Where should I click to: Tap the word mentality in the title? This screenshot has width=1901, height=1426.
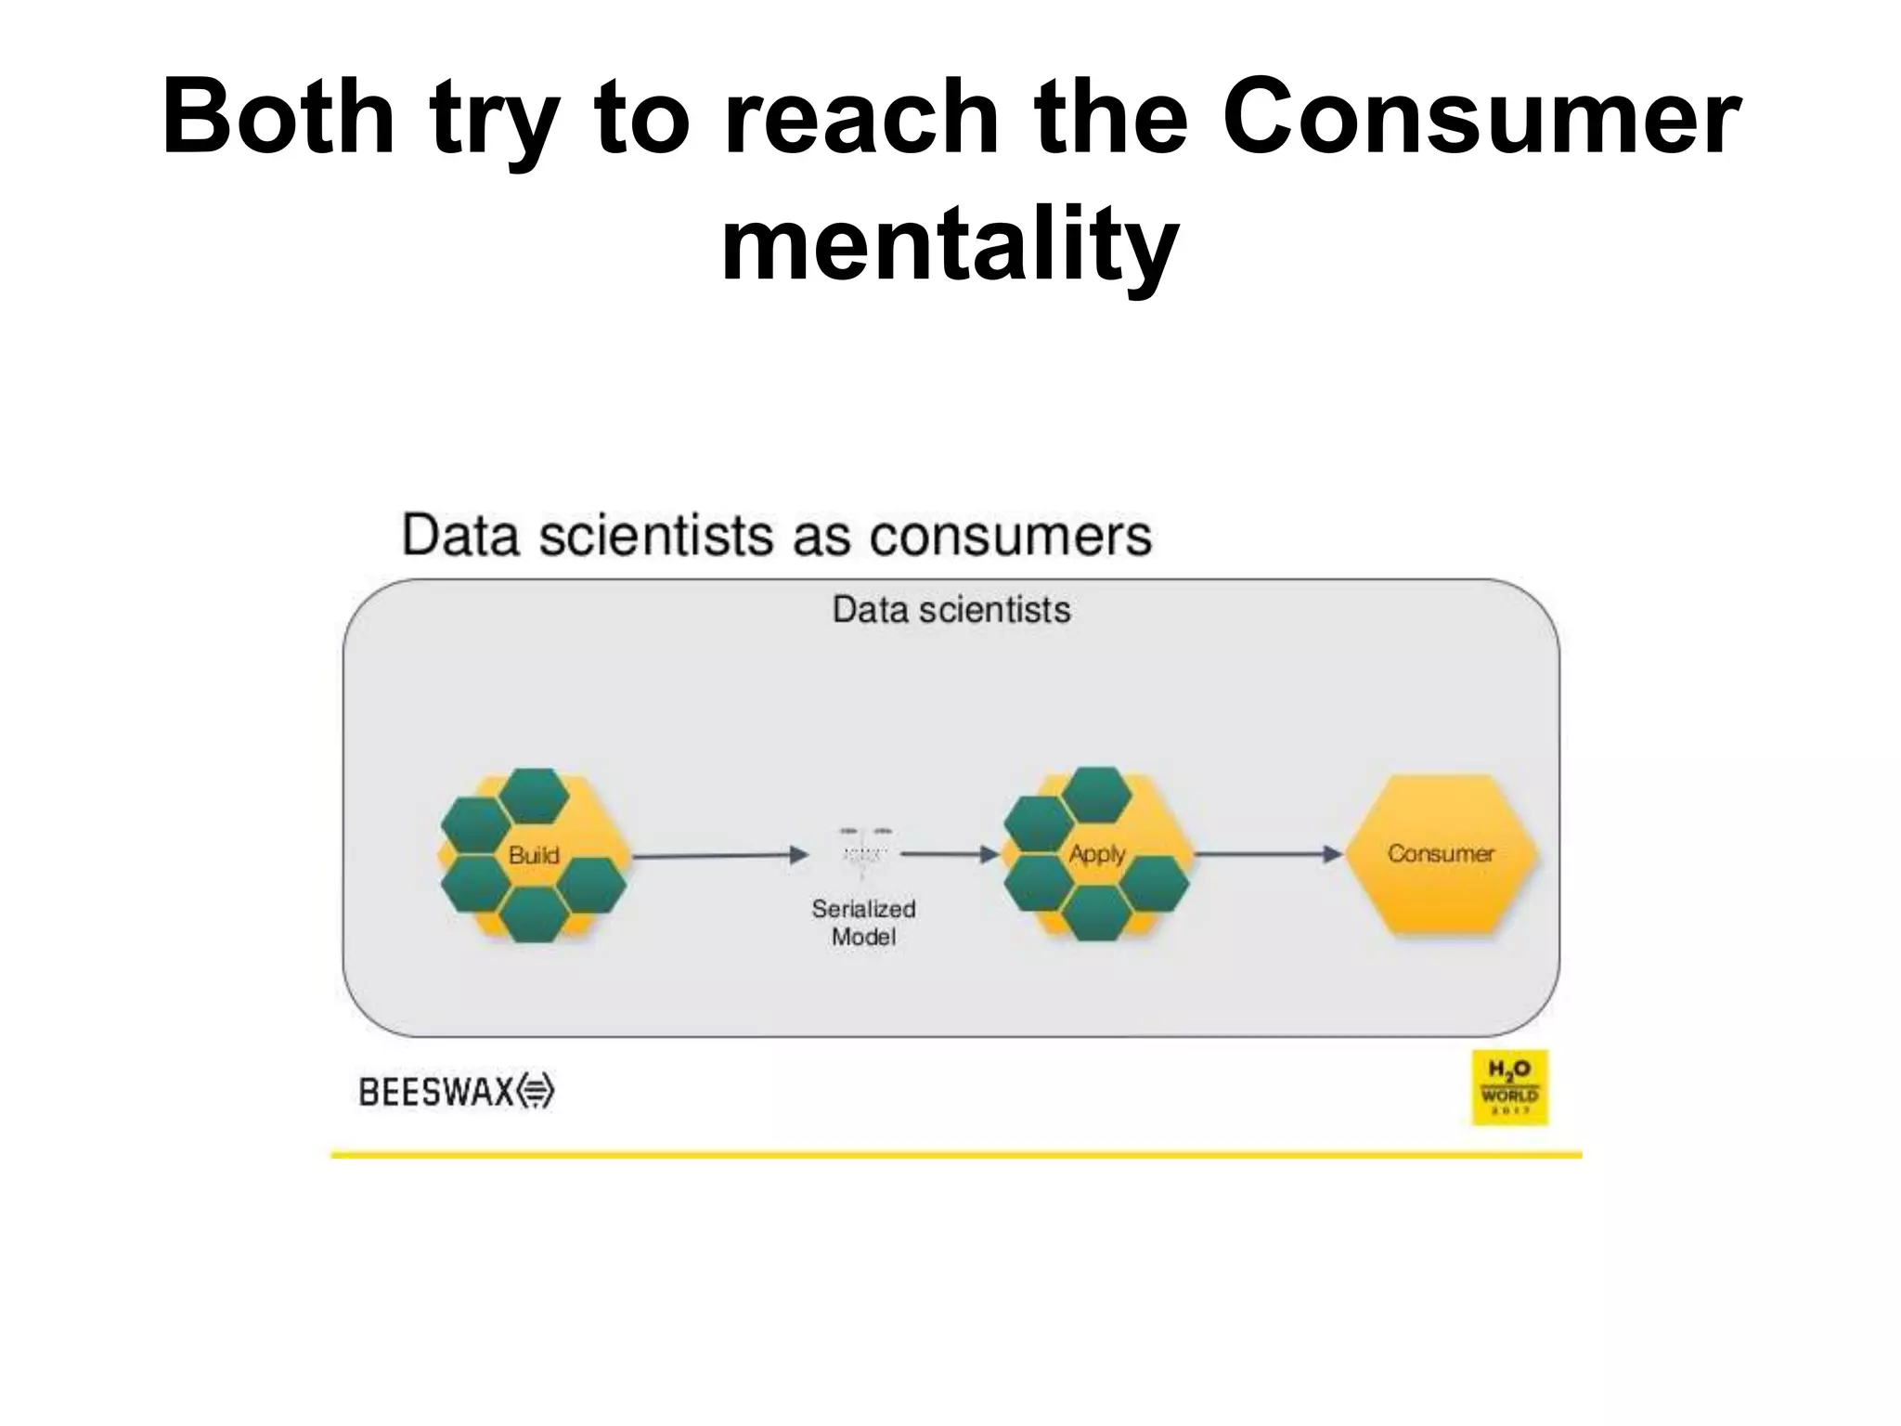950,245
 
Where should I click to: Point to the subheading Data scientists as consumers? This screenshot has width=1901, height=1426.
776,536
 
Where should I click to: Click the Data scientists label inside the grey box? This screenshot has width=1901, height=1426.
950,610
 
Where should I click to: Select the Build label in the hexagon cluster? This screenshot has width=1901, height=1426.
534,854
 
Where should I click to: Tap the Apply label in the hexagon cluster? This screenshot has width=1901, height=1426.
1096,853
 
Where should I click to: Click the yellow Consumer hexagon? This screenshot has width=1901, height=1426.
1441,854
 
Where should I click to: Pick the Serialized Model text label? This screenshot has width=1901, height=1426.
863,922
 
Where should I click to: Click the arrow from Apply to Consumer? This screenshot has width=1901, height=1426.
1267,853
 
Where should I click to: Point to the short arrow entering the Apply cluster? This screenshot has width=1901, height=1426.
949,853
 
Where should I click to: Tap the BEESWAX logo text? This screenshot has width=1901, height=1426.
436,1092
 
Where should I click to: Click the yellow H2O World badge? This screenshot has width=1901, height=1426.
1509,1087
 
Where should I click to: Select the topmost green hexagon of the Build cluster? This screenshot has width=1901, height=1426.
534,796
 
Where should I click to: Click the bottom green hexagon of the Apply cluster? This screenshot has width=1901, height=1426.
1096,913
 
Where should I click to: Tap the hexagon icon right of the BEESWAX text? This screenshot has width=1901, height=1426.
536,1091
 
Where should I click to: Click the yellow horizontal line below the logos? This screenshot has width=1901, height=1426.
956,1155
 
